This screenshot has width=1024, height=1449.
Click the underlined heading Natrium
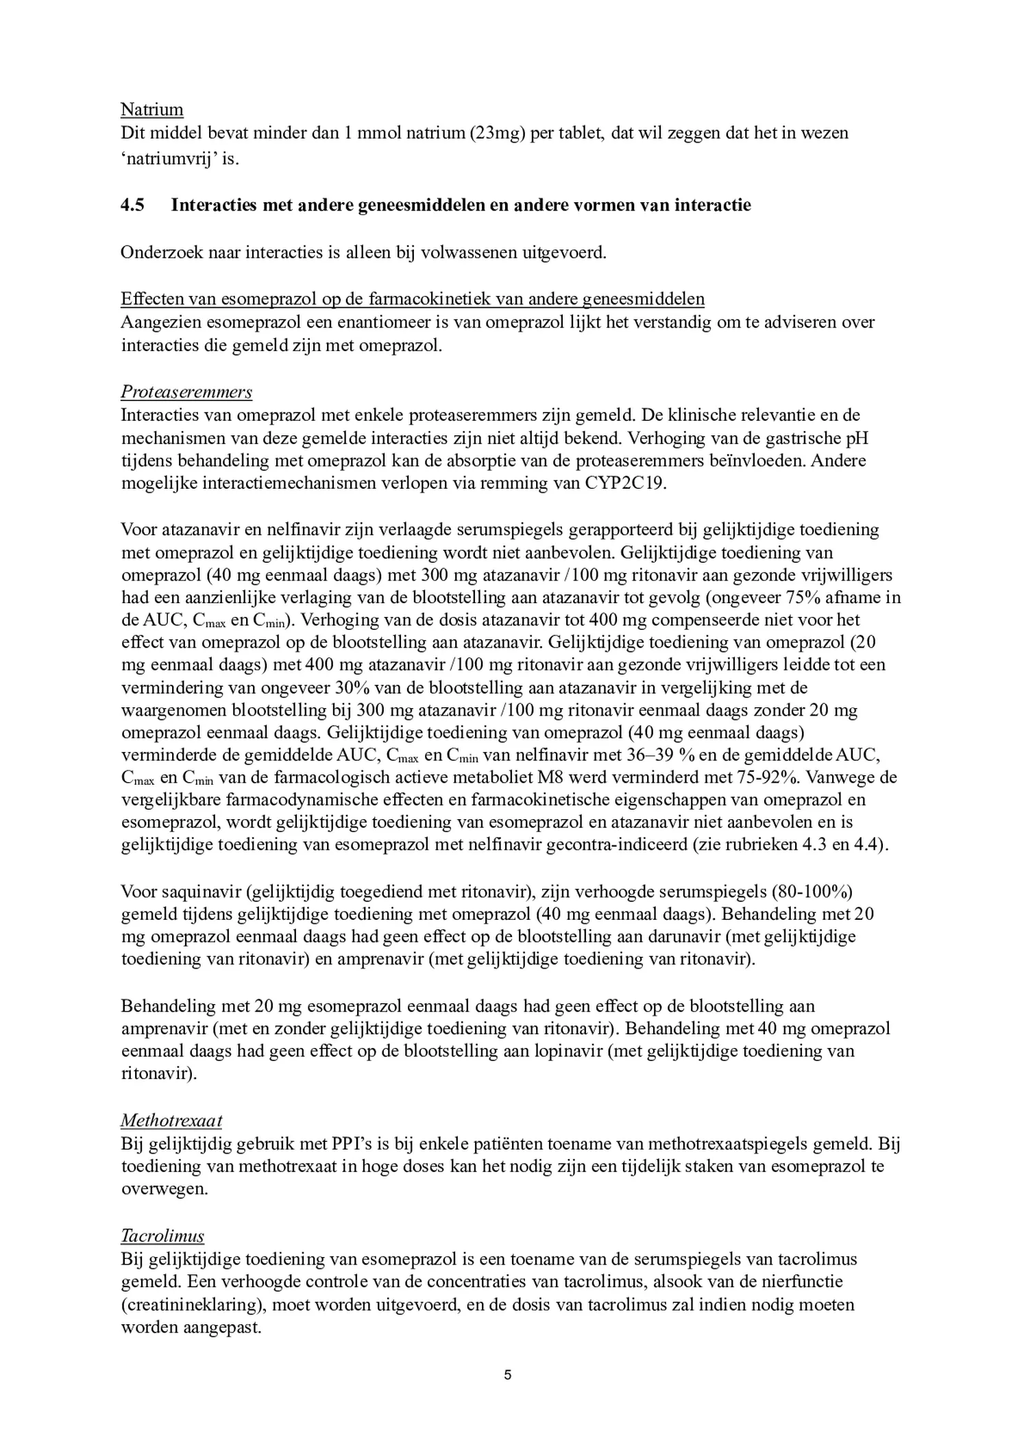151,110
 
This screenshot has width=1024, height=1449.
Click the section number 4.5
132,205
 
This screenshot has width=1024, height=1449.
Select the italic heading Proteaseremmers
186,392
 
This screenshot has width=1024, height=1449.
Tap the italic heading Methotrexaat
171,1121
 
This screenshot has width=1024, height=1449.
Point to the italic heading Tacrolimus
162,1237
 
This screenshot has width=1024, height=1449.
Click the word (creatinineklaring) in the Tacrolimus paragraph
194,1304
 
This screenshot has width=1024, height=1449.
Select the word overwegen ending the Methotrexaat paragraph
164,1189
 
